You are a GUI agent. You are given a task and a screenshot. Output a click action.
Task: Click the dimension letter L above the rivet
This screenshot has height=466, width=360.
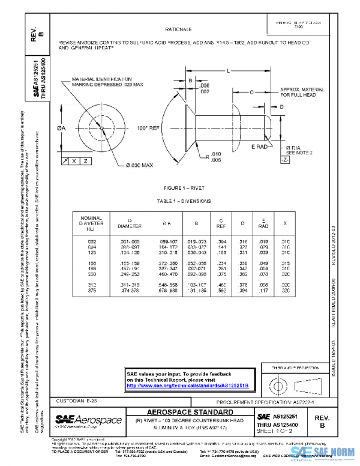228,71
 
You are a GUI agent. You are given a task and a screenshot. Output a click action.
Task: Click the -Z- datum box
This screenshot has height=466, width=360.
284,160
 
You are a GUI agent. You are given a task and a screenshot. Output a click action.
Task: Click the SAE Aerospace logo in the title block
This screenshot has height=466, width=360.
89,420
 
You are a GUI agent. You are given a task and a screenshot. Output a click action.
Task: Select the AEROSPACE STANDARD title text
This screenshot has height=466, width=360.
190,412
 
